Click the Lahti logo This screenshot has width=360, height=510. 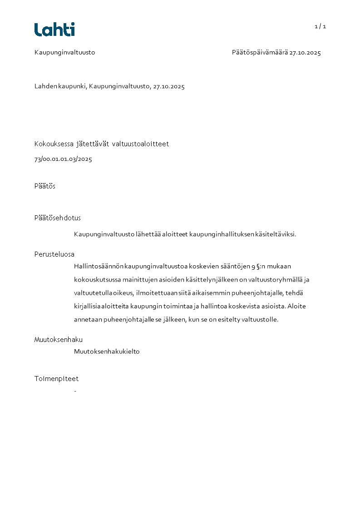coord(54,30)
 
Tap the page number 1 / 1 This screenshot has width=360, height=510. coord(320,26)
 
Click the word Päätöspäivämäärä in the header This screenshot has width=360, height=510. coord(260,53)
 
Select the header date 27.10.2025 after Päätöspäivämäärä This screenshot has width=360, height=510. coord(305,53)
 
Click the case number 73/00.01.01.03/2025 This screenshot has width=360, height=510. coord(63,159)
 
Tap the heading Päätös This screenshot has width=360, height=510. coord(44,186)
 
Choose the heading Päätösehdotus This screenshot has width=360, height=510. coord(57,218)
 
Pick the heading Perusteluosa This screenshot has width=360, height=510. coord(54,254)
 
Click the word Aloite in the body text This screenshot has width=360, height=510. coord(296,306)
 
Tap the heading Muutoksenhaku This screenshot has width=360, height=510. coord(58,340)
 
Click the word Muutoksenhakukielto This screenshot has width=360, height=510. coord(107,352)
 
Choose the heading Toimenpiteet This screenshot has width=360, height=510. coord(56,379)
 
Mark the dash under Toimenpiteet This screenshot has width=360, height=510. coord(75,391)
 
